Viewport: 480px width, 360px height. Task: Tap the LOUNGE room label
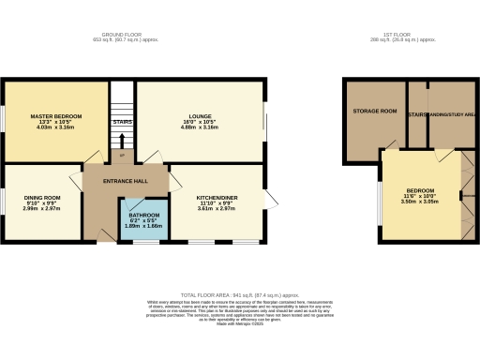tap(199, 115)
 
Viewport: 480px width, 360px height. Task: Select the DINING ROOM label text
tap(41, 198)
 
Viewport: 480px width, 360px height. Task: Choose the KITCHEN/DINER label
tap(215, 198)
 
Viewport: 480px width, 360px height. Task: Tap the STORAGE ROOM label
tap(374, 112)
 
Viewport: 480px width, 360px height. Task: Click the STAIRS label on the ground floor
tap(123, 121)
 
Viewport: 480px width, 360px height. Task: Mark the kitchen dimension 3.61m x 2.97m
tap(215, 209)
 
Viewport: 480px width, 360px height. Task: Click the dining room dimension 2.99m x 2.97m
tap(41, 209)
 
